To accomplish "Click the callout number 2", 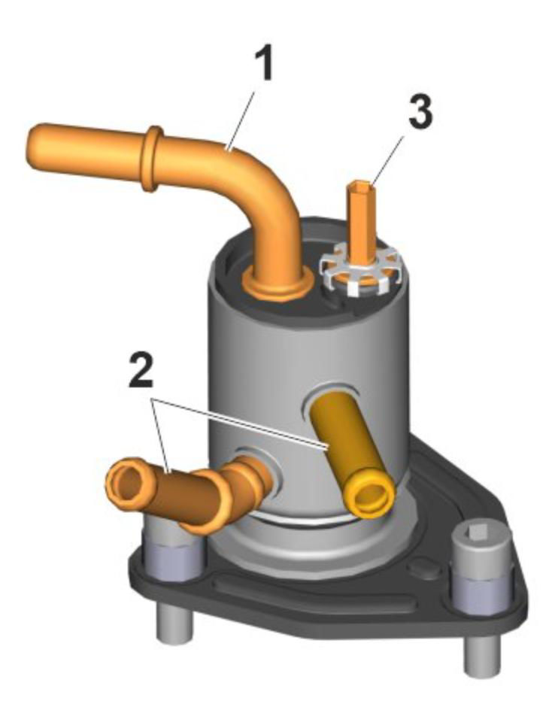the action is [141, 370].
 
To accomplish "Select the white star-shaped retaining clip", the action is [359, 273].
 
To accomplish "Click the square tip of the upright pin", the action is [361, 186].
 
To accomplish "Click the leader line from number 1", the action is [241, 119].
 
